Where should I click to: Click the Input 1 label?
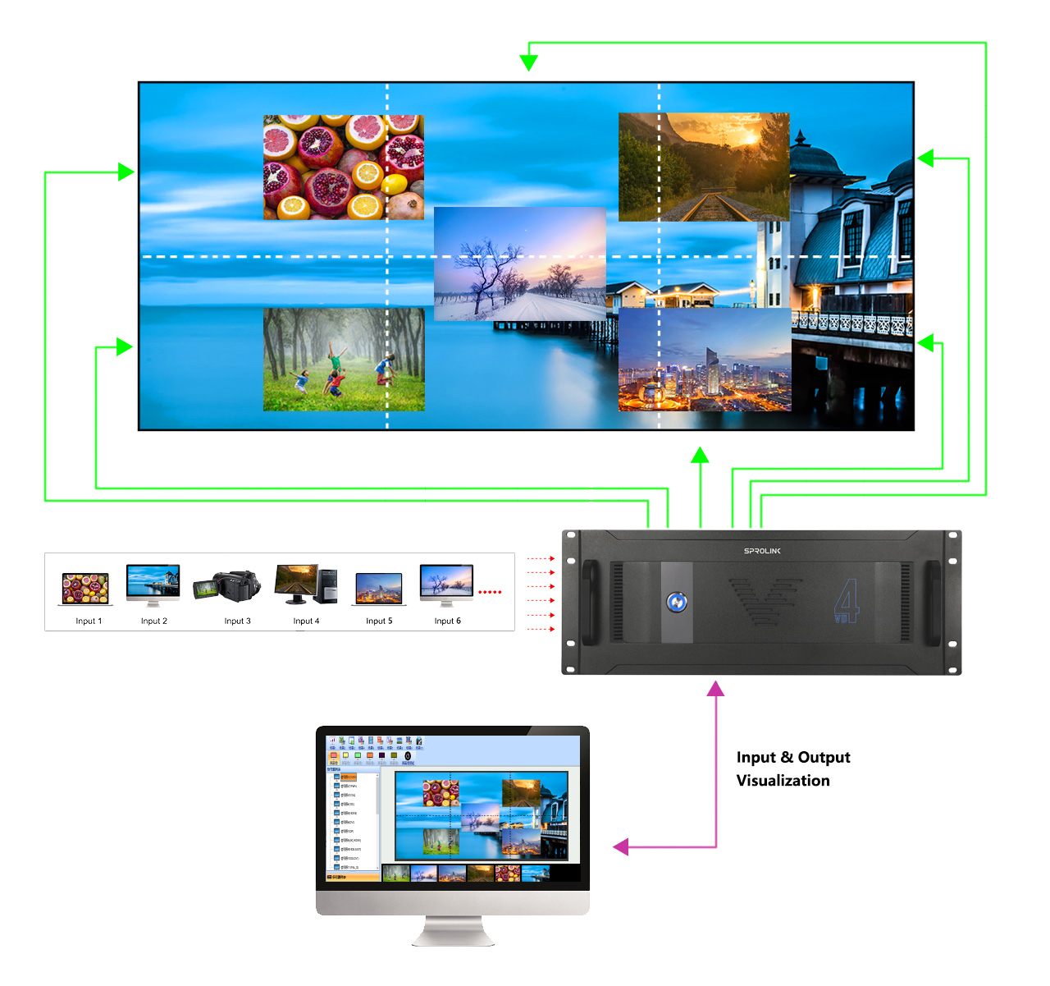click(x=89, y=621)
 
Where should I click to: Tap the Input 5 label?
click(x=379, y=621)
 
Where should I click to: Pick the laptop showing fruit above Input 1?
click(x=85, y=589)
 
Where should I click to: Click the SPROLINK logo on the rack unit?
click(x=762, y=551)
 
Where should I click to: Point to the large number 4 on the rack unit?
click(x=847, y=601)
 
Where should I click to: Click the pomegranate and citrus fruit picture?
click(x=344, y=167)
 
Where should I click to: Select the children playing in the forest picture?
click(x=344, y=360)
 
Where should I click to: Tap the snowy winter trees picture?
click(x=519, y=264)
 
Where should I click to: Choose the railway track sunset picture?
click(x=704, y=167)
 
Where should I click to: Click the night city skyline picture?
click(x=704, y=360)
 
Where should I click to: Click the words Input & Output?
click(x=793, y=758)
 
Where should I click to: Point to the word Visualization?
click(x=783, y=781)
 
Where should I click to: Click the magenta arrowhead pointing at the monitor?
click(x=622, y=846)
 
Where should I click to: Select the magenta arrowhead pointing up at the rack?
click(x=716, y=689)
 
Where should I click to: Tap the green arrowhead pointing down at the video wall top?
click(x=529, y=62)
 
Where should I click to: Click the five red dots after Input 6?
click(x=490, y=592)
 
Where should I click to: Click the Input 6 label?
click(x=447, y=621)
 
